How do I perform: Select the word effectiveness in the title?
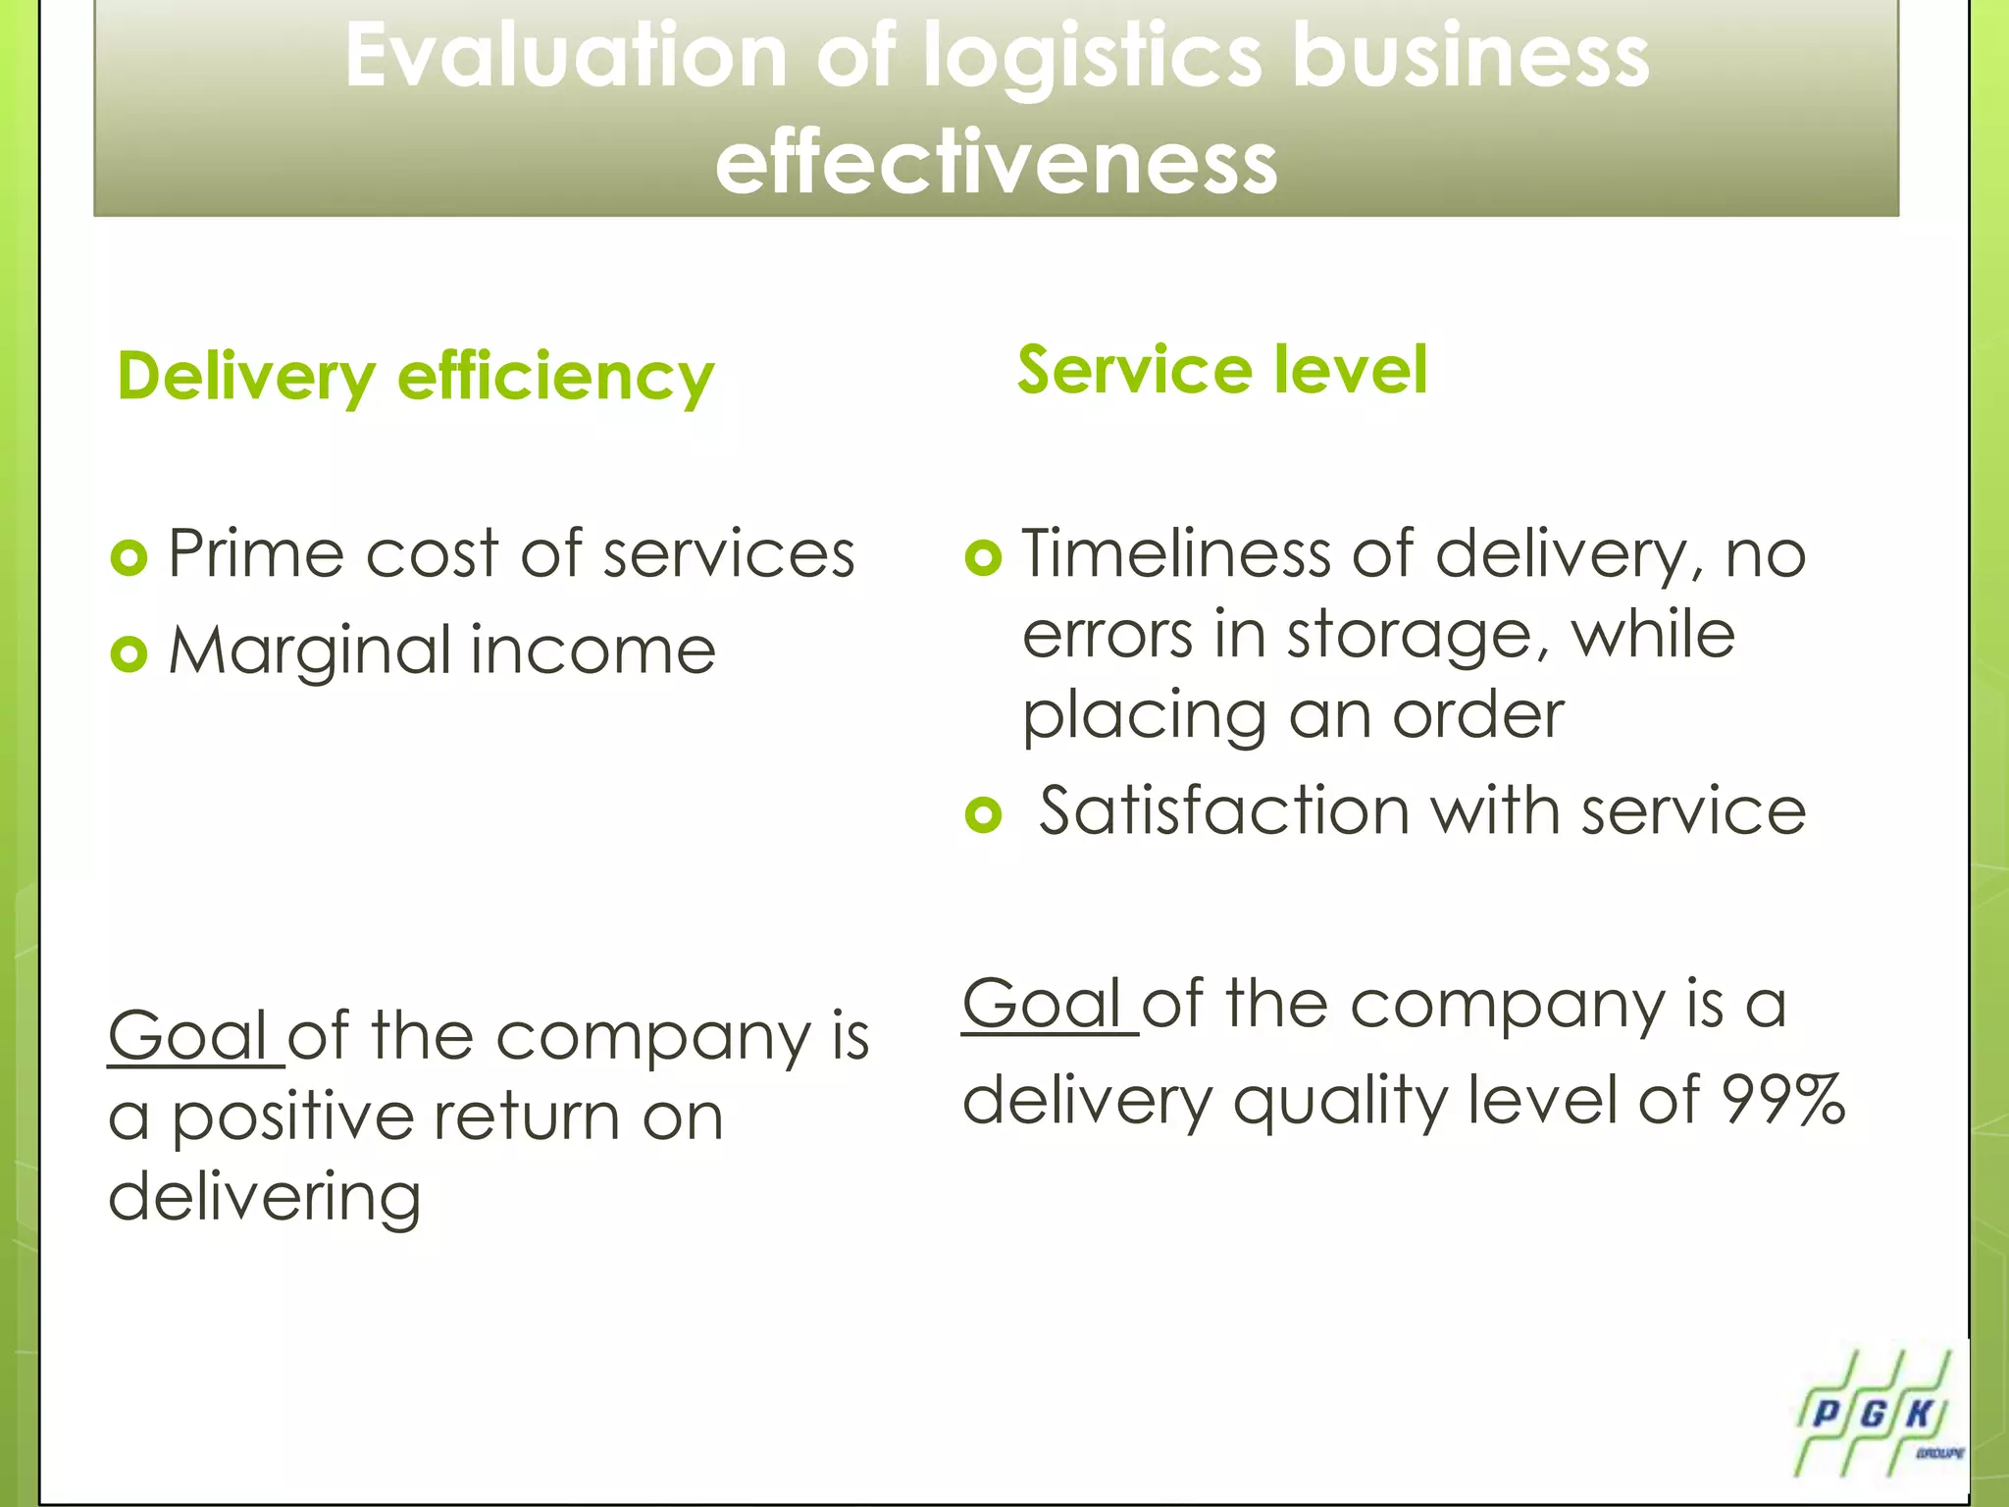(x=996, y=163)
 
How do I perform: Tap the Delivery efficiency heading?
(x=416, y=378)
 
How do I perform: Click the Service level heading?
(x=1222, y=370)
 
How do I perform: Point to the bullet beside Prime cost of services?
(x=129, y=557)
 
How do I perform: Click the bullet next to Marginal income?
(x=129, y=653)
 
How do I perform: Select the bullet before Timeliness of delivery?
(x=983, y=557)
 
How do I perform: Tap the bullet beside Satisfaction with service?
(x=983, y=814)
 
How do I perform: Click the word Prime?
(x=256, y=554)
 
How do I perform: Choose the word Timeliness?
(x=1175, y=554)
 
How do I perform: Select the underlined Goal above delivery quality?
(x=1042, y=1005)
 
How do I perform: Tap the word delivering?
(x=265, y=1198)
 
